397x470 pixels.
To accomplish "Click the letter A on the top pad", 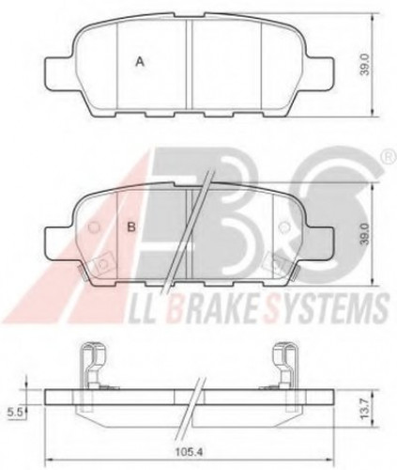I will point(139,61).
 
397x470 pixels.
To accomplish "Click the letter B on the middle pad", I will point(133,227).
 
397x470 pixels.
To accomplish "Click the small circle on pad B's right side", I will point(284,227).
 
